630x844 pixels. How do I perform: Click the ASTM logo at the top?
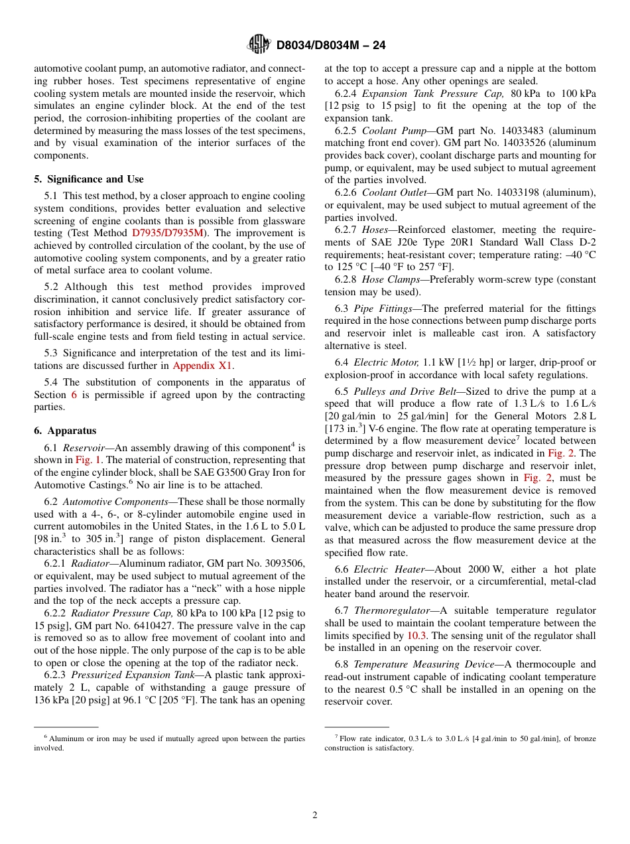(x=259, y=44)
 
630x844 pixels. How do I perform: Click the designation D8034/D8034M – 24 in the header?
(x=330, y=45)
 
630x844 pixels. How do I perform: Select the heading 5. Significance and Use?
(x=89, y=179)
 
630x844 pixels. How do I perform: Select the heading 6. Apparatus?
(x=65, y=431)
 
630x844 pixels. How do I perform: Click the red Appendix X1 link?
(x=203, y=366)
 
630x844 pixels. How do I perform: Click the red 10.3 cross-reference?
(x=416, y=636)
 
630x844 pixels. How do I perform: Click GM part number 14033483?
(x=508, y=131)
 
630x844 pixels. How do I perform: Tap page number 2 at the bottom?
(x=315, y=815)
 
